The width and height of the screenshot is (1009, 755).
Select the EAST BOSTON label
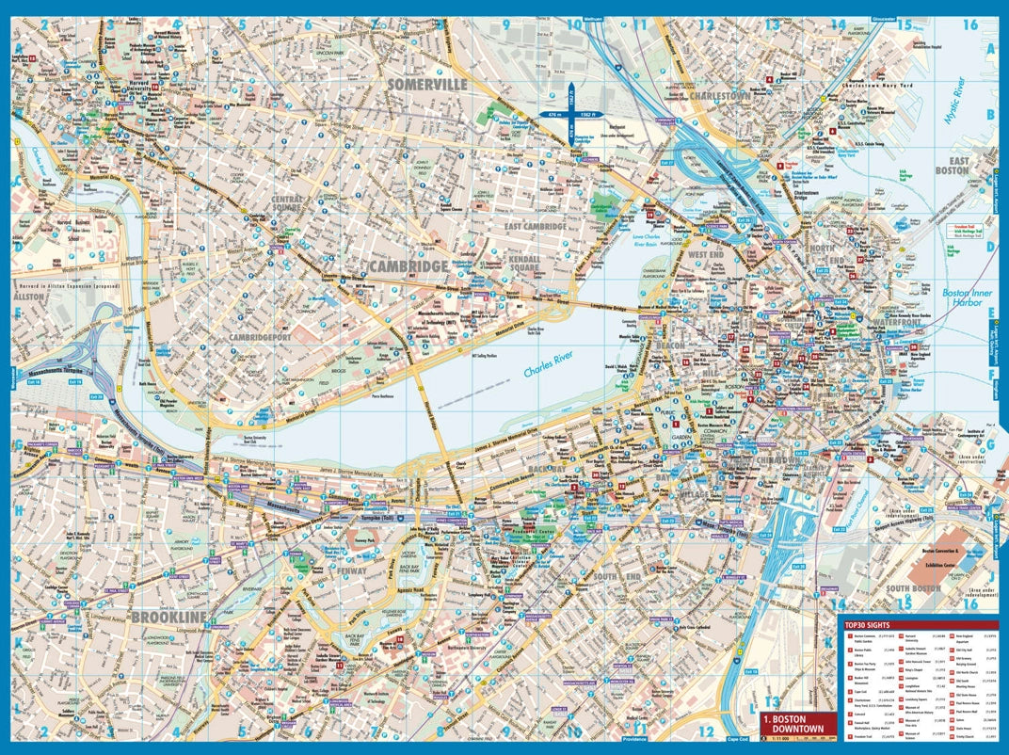tap(958, 167)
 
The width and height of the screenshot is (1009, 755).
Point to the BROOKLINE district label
tap(168, 617)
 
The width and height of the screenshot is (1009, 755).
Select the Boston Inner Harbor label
tap(967, 298)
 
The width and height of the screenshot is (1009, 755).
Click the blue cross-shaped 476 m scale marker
tap(570, 114)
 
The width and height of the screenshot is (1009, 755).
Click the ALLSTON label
tap(29, 296)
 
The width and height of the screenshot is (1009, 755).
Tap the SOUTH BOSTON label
tap(913, 589)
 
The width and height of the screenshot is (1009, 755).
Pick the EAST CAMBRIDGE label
tap(534, 226)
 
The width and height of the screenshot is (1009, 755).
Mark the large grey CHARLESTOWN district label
tap(720, 96)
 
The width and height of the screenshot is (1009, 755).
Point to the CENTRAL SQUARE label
tap(287, 205)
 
